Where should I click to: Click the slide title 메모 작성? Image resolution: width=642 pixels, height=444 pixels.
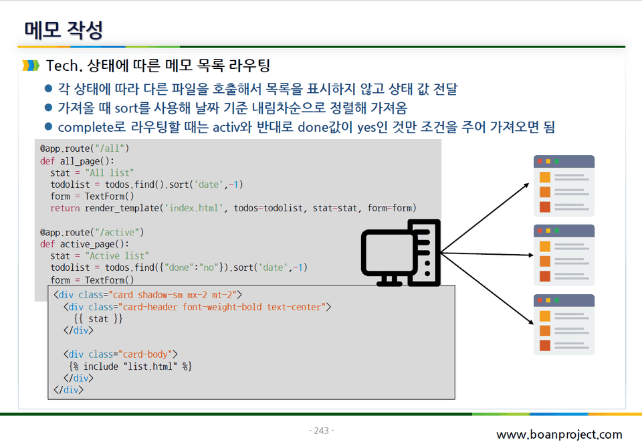[x=64, y=30]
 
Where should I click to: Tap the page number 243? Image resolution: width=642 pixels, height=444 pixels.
[x=322, y=431]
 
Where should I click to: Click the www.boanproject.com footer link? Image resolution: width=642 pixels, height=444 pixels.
[x=559, y=434]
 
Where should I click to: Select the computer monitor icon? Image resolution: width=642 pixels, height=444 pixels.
[x=401, y=253]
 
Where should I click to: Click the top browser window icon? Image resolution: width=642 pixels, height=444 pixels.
[x=564, y=186]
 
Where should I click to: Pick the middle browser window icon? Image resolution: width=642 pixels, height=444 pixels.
[x=564, y=255]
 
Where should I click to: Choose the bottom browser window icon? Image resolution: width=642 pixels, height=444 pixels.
[x=564, y=324]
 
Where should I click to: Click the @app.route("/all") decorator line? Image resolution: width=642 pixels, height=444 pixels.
[x=85, y=148]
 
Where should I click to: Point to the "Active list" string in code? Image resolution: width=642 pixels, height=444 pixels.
[x=117, y=255]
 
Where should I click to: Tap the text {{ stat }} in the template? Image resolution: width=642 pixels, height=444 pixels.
[x=98, y=319]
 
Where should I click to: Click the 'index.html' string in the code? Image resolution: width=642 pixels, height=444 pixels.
[x=194, y=208]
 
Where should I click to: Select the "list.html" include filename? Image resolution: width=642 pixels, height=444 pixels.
[x=150, y=366]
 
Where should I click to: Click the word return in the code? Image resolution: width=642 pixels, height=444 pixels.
[x=65, y=208]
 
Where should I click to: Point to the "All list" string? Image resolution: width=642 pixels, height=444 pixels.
[x=109, y=173]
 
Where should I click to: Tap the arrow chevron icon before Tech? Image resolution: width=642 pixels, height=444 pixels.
[x=31, y=66]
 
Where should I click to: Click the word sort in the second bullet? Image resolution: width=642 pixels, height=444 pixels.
[x=126, y=108]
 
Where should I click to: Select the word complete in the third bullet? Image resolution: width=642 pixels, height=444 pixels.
[x=86, y=127]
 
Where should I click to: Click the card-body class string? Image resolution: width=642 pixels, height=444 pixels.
[x=145, y=354]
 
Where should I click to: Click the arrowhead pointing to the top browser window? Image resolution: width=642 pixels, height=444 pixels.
[x=526, y=185]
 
